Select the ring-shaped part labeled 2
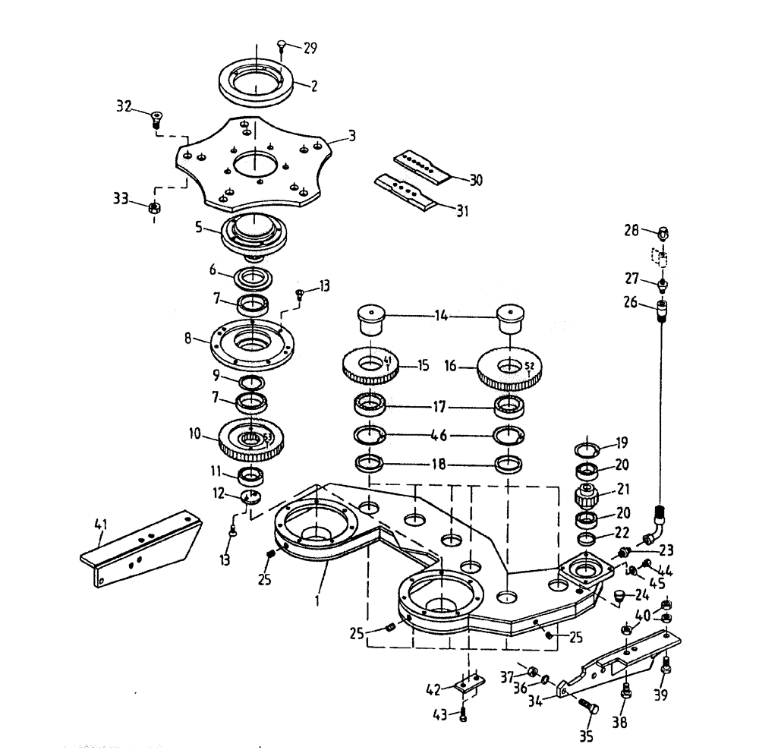[x=256, y=78]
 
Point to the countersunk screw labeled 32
[x=156, y=117]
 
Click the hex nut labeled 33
[x=153, y=206]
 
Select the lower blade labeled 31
[x=405, y=191]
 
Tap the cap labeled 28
[x=661, y=232]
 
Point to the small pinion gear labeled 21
[x=586, y=499]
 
